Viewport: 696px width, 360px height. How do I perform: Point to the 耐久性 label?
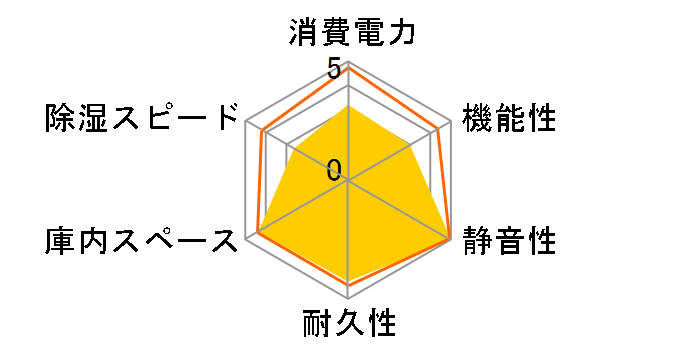click(348, 324)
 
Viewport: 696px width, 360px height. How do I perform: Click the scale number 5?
click(333, 69)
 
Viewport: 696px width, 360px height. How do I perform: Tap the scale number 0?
click(333, 168)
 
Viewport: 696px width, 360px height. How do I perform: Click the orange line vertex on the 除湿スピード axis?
click(261, 131)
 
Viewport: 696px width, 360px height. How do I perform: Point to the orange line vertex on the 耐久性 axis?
click(348, 285)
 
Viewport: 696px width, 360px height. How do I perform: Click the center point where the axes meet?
click(348, 181)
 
